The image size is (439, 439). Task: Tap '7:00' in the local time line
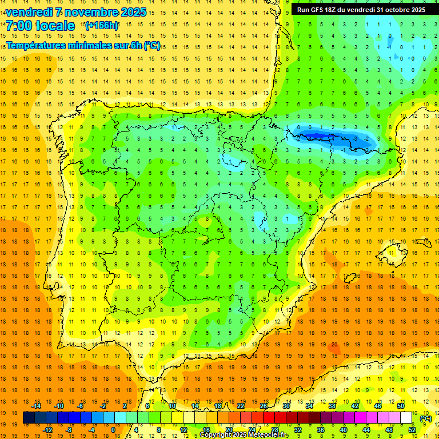tap(18, 26)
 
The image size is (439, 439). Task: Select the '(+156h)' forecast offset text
tap(102, 25)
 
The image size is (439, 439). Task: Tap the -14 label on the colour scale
tap(36, 406)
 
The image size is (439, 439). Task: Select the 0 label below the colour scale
tap(113, 430)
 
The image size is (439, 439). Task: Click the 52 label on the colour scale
tap(412, 430)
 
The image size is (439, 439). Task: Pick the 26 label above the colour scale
tap(264, 406)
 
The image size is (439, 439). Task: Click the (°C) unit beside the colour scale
tap(425, 418)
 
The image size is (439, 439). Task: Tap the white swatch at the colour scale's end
tap(406, 418)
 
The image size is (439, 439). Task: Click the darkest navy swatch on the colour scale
tap(29, 418)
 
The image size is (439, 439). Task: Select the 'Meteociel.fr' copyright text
tap(269, 435)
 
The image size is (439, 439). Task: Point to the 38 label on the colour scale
tap(332, 406)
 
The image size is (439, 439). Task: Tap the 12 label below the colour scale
tap(183, 430)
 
